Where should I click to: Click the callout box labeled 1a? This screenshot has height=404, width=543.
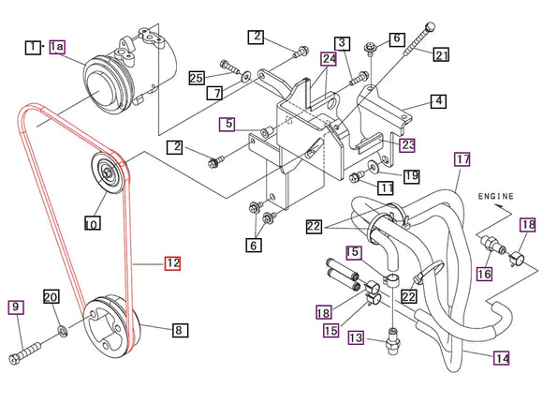(x=58, y=46)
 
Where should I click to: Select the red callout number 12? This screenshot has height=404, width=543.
(x=172, y=263)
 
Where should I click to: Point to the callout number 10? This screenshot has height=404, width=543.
(x=91, y=224)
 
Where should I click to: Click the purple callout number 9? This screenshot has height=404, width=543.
(x=16, y=307)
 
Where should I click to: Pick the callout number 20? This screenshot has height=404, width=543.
(x=52, y=297)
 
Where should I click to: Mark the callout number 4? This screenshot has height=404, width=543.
(x=437, y=100)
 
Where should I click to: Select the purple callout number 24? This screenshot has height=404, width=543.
(x=329, y=58)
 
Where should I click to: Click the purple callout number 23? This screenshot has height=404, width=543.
(x=408, y=144)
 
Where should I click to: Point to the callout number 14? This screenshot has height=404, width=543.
(x=502, y=357)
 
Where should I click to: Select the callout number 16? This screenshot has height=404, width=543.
(x=484, y=274)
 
